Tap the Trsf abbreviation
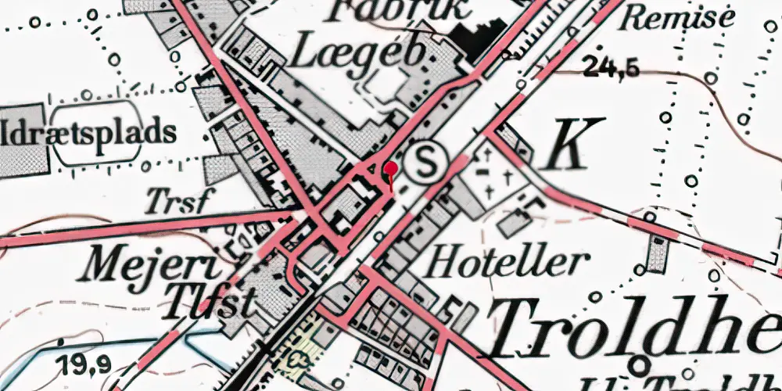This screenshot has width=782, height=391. point(178,202)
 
